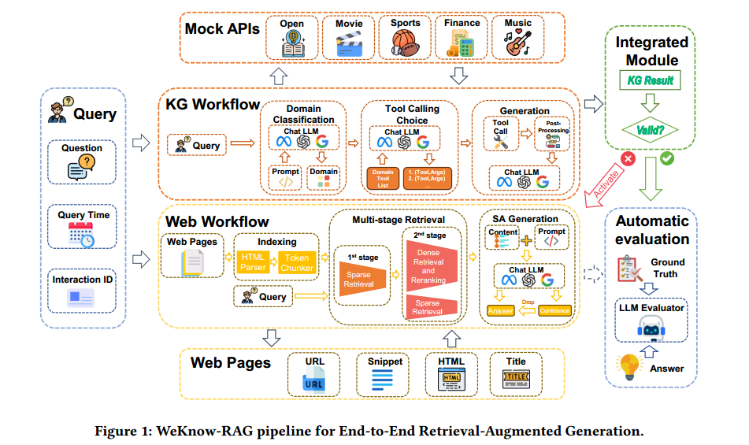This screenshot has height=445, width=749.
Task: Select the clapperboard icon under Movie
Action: point(349,45)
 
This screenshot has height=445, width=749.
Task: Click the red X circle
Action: point(628,158)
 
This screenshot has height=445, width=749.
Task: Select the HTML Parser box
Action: point(254,262)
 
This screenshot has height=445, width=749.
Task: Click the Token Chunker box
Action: point(297,262)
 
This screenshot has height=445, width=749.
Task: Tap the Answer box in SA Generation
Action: point(502,310)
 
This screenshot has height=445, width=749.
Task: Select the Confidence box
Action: point(555,310)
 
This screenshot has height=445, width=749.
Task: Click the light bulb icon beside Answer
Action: point(632,366)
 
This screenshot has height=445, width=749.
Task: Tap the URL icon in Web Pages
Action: point(314,382)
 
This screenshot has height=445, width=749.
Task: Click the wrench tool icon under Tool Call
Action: point(502,141)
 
